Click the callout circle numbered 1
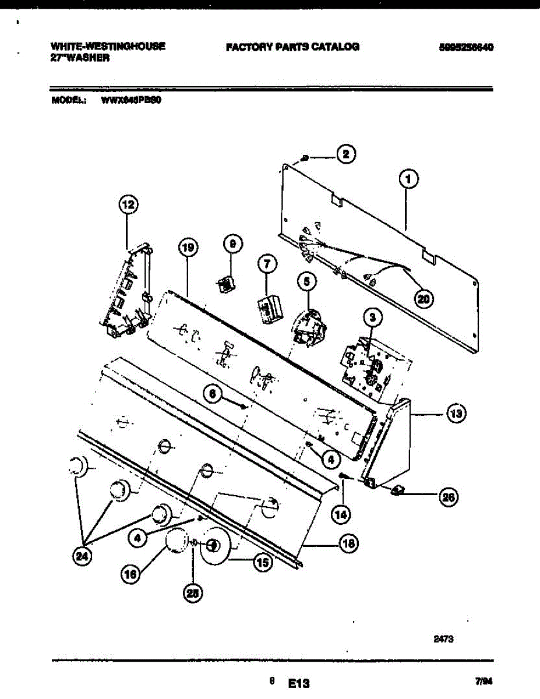point(409,179)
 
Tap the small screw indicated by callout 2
point(305,158)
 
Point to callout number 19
point(187,248)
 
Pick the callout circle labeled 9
point(231,245)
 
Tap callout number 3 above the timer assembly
point(373,317)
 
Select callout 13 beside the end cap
point(456,414)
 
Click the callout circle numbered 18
point(348,544)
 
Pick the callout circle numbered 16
point(130,574)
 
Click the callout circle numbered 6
point(213,394)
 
